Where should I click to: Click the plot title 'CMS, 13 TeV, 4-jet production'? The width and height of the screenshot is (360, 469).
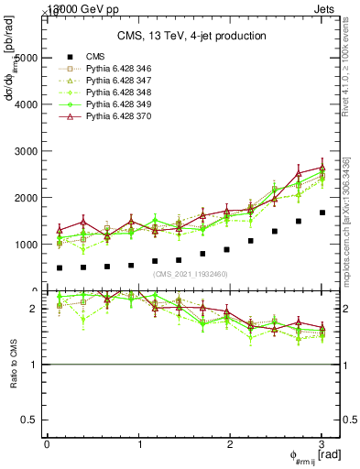point(191,37)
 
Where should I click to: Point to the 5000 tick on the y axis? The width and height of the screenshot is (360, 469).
point(27,58)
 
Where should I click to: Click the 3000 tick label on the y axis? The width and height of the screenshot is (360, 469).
point(27,151)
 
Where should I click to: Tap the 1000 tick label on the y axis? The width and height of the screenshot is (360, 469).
point(27,245)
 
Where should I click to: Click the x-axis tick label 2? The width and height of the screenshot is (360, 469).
point(230,444)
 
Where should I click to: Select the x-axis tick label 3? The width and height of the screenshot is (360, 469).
point(322,444)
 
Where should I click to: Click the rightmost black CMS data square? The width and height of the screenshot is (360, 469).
point(322,213)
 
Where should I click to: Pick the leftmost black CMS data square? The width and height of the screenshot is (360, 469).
point(60,268)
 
